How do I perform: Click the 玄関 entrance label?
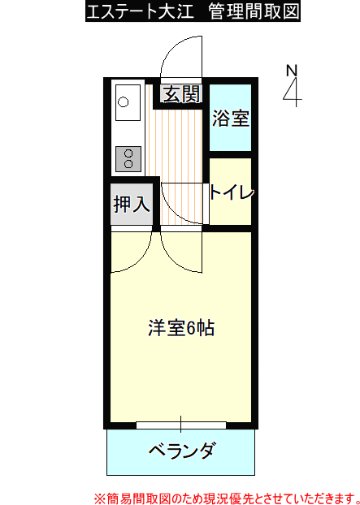pyautogui.click(x=182, y=94)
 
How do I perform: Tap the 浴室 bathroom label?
pyautogui.click(x=231, y=119)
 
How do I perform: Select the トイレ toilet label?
pyautogui.click(x=232, y=192)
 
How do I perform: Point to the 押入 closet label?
pyautogui.click(x=132, y=204)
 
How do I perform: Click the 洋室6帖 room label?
pyautogui.click(x=181, y=328)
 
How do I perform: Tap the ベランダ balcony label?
pyautogui.click(x=180, y=450)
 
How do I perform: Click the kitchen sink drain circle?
pyautogui.click(x=124, y=102)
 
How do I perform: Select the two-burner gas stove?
pyautogui.click(x=128, y=159)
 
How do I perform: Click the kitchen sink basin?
pyautogui.click(x=128, y=102)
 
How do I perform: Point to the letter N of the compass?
pyautogui.click(x=292, y=71)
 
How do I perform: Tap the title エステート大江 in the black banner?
pyautogui.click(x=141, y=11)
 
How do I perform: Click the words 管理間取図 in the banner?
pyautogui.click(x=254, y=11)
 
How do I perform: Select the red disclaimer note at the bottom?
pyautogui.click(x=227, y=498)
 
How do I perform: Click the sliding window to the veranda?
pyautogui.click(x=180, y=425)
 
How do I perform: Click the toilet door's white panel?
pyautogui.click(x=206, y=204)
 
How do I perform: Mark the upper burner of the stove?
pyautogui.click(x=128, y=153)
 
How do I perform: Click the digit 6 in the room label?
pyautogui.click(x=190, y=328)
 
